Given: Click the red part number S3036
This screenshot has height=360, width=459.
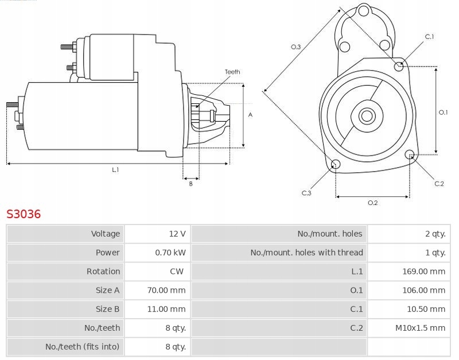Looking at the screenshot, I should [x=24, y=214].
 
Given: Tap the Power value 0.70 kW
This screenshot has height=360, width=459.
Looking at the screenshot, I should [x=170, y=253].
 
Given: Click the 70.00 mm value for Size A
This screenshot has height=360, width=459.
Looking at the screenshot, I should [x=166, y=291].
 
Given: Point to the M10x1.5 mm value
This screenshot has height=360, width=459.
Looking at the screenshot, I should [x=421, y=328].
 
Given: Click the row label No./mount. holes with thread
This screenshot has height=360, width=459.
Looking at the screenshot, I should [x=306, y=253].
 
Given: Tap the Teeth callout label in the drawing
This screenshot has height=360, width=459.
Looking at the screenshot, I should [x=232, y=72].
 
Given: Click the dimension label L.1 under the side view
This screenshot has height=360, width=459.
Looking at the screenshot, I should [x=115, y=170].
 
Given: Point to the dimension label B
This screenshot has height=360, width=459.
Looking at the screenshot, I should [x=190, y=183].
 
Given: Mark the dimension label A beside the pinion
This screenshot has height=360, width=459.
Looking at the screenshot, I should [x=250, y=115].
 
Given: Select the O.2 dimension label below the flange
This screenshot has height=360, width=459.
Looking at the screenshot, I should [x=372, y=203].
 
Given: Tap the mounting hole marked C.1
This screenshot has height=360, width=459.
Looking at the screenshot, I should [x=399, y=67].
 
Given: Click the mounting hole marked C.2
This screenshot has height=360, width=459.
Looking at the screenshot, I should [x=410, y=155].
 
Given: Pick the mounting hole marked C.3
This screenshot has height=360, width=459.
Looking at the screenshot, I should [x=336, y=165].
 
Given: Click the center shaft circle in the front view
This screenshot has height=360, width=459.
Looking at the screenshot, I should [x=366, y=116].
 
